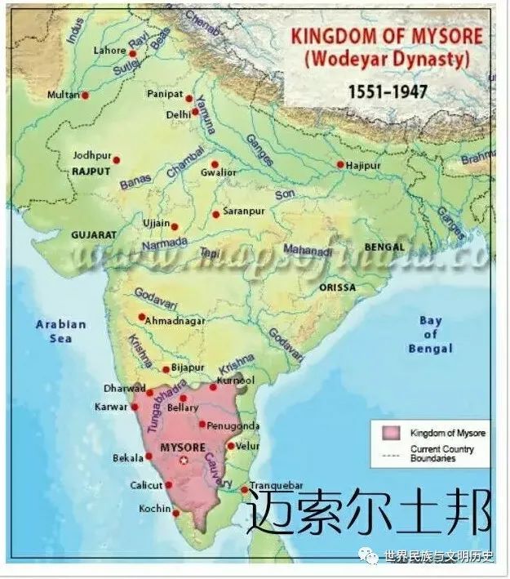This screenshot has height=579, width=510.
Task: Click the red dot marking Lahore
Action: coord(132,53)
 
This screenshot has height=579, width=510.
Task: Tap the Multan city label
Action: coord(63,95)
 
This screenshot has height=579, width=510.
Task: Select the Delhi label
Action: coord(178,114)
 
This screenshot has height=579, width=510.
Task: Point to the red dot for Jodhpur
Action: coord(116,160)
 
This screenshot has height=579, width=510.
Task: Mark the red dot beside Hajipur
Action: coord(340,164)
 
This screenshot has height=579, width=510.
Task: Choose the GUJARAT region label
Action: coord(94,234)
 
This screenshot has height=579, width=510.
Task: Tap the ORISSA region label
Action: coord(338,288)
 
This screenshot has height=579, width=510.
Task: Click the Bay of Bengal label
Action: coord(430,335)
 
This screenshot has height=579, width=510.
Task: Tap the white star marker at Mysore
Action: coord(184,461)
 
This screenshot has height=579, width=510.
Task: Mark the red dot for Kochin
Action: coord(176,513)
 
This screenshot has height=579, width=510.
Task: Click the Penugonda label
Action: coord(233,425)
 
